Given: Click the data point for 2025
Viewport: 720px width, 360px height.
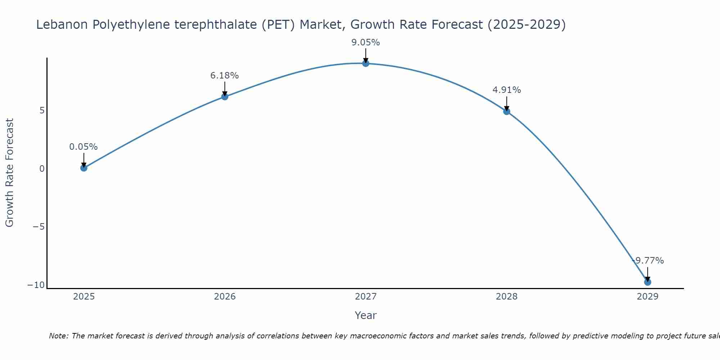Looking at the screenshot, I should click(x=84, y=168).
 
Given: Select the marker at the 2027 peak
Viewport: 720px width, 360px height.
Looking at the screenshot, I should click(x=366, y=63).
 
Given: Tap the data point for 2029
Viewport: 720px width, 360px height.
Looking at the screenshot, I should click(x=648, y=282).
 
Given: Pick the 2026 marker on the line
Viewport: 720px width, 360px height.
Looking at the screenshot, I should click(x=225, y=96).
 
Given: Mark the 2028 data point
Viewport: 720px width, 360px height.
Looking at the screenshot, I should click(x=507, y=112).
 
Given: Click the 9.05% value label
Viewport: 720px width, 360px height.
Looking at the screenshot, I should click(x=366, y=42).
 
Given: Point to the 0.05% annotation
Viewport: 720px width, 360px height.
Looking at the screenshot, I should click(x=84, y=147).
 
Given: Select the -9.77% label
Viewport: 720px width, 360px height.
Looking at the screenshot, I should click(x=648, y=261).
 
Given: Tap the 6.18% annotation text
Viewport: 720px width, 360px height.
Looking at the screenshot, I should click(x=225, y=76).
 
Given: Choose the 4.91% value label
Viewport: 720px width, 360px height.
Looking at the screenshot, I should click(x=507, y=90).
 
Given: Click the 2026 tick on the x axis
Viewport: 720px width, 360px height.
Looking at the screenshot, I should click(x=225, y=297).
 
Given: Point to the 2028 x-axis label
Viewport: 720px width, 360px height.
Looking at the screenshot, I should click(x=507, y=297).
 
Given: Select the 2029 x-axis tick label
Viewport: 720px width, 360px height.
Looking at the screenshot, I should click(x=648, y=297).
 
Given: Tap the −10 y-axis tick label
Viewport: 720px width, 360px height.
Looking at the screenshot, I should click(x=36, y=285).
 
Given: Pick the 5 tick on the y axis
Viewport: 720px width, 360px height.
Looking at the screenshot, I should click(x=42, y=110).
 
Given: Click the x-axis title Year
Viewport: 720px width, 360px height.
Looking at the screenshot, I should click(x=366, y=315).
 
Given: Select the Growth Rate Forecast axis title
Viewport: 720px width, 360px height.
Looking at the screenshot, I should click(x=9, y=173).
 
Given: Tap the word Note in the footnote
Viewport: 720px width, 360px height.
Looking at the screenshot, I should click(x=58, y=336).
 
